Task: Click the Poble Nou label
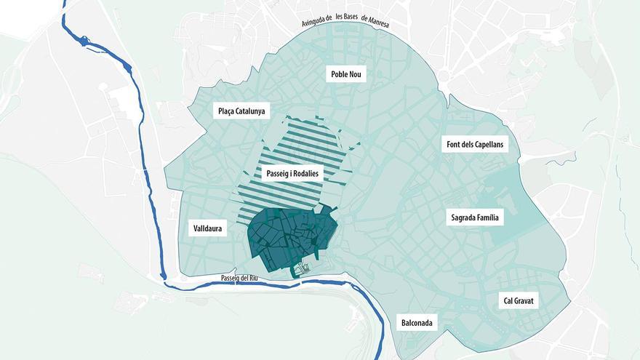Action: coord(346,74)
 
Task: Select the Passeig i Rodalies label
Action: coord(290,175)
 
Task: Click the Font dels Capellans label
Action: coord(475,145)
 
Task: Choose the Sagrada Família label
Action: coord(474,217)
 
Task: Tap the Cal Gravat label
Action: coord(519,300)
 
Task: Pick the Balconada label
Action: coord(418,323)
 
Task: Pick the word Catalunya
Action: coord(252,111)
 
